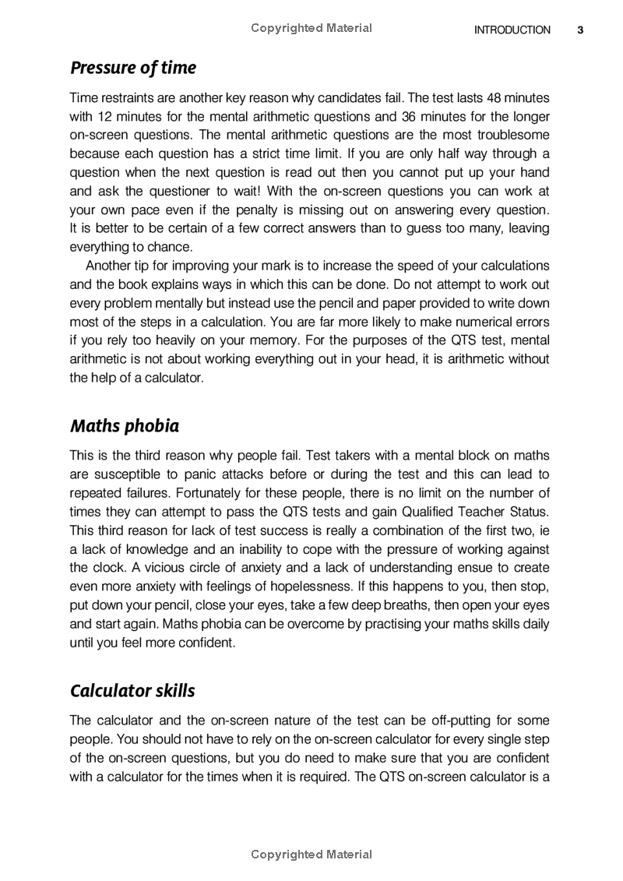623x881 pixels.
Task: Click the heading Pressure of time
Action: tap(133, 68)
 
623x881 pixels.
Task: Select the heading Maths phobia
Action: tap(125, 426)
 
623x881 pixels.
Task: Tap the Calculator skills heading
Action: tap(132, 691)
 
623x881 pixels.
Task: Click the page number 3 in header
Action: tap(580, 30)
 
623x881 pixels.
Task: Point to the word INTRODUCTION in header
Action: tap(512, 30)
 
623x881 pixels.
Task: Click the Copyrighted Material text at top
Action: tap(311, 28)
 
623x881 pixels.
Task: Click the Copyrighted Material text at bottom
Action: tap(311, 855)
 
